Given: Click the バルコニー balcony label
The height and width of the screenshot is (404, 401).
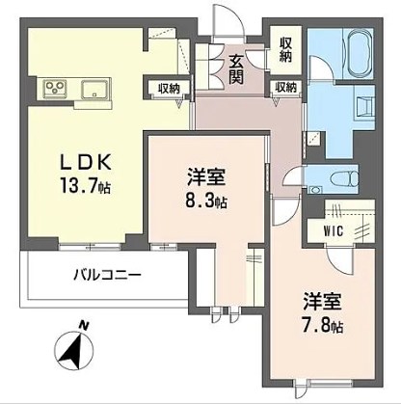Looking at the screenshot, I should click(107, 275).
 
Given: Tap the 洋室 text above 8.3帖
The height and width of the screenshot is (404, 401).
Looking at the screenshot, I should click(206, 177).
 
